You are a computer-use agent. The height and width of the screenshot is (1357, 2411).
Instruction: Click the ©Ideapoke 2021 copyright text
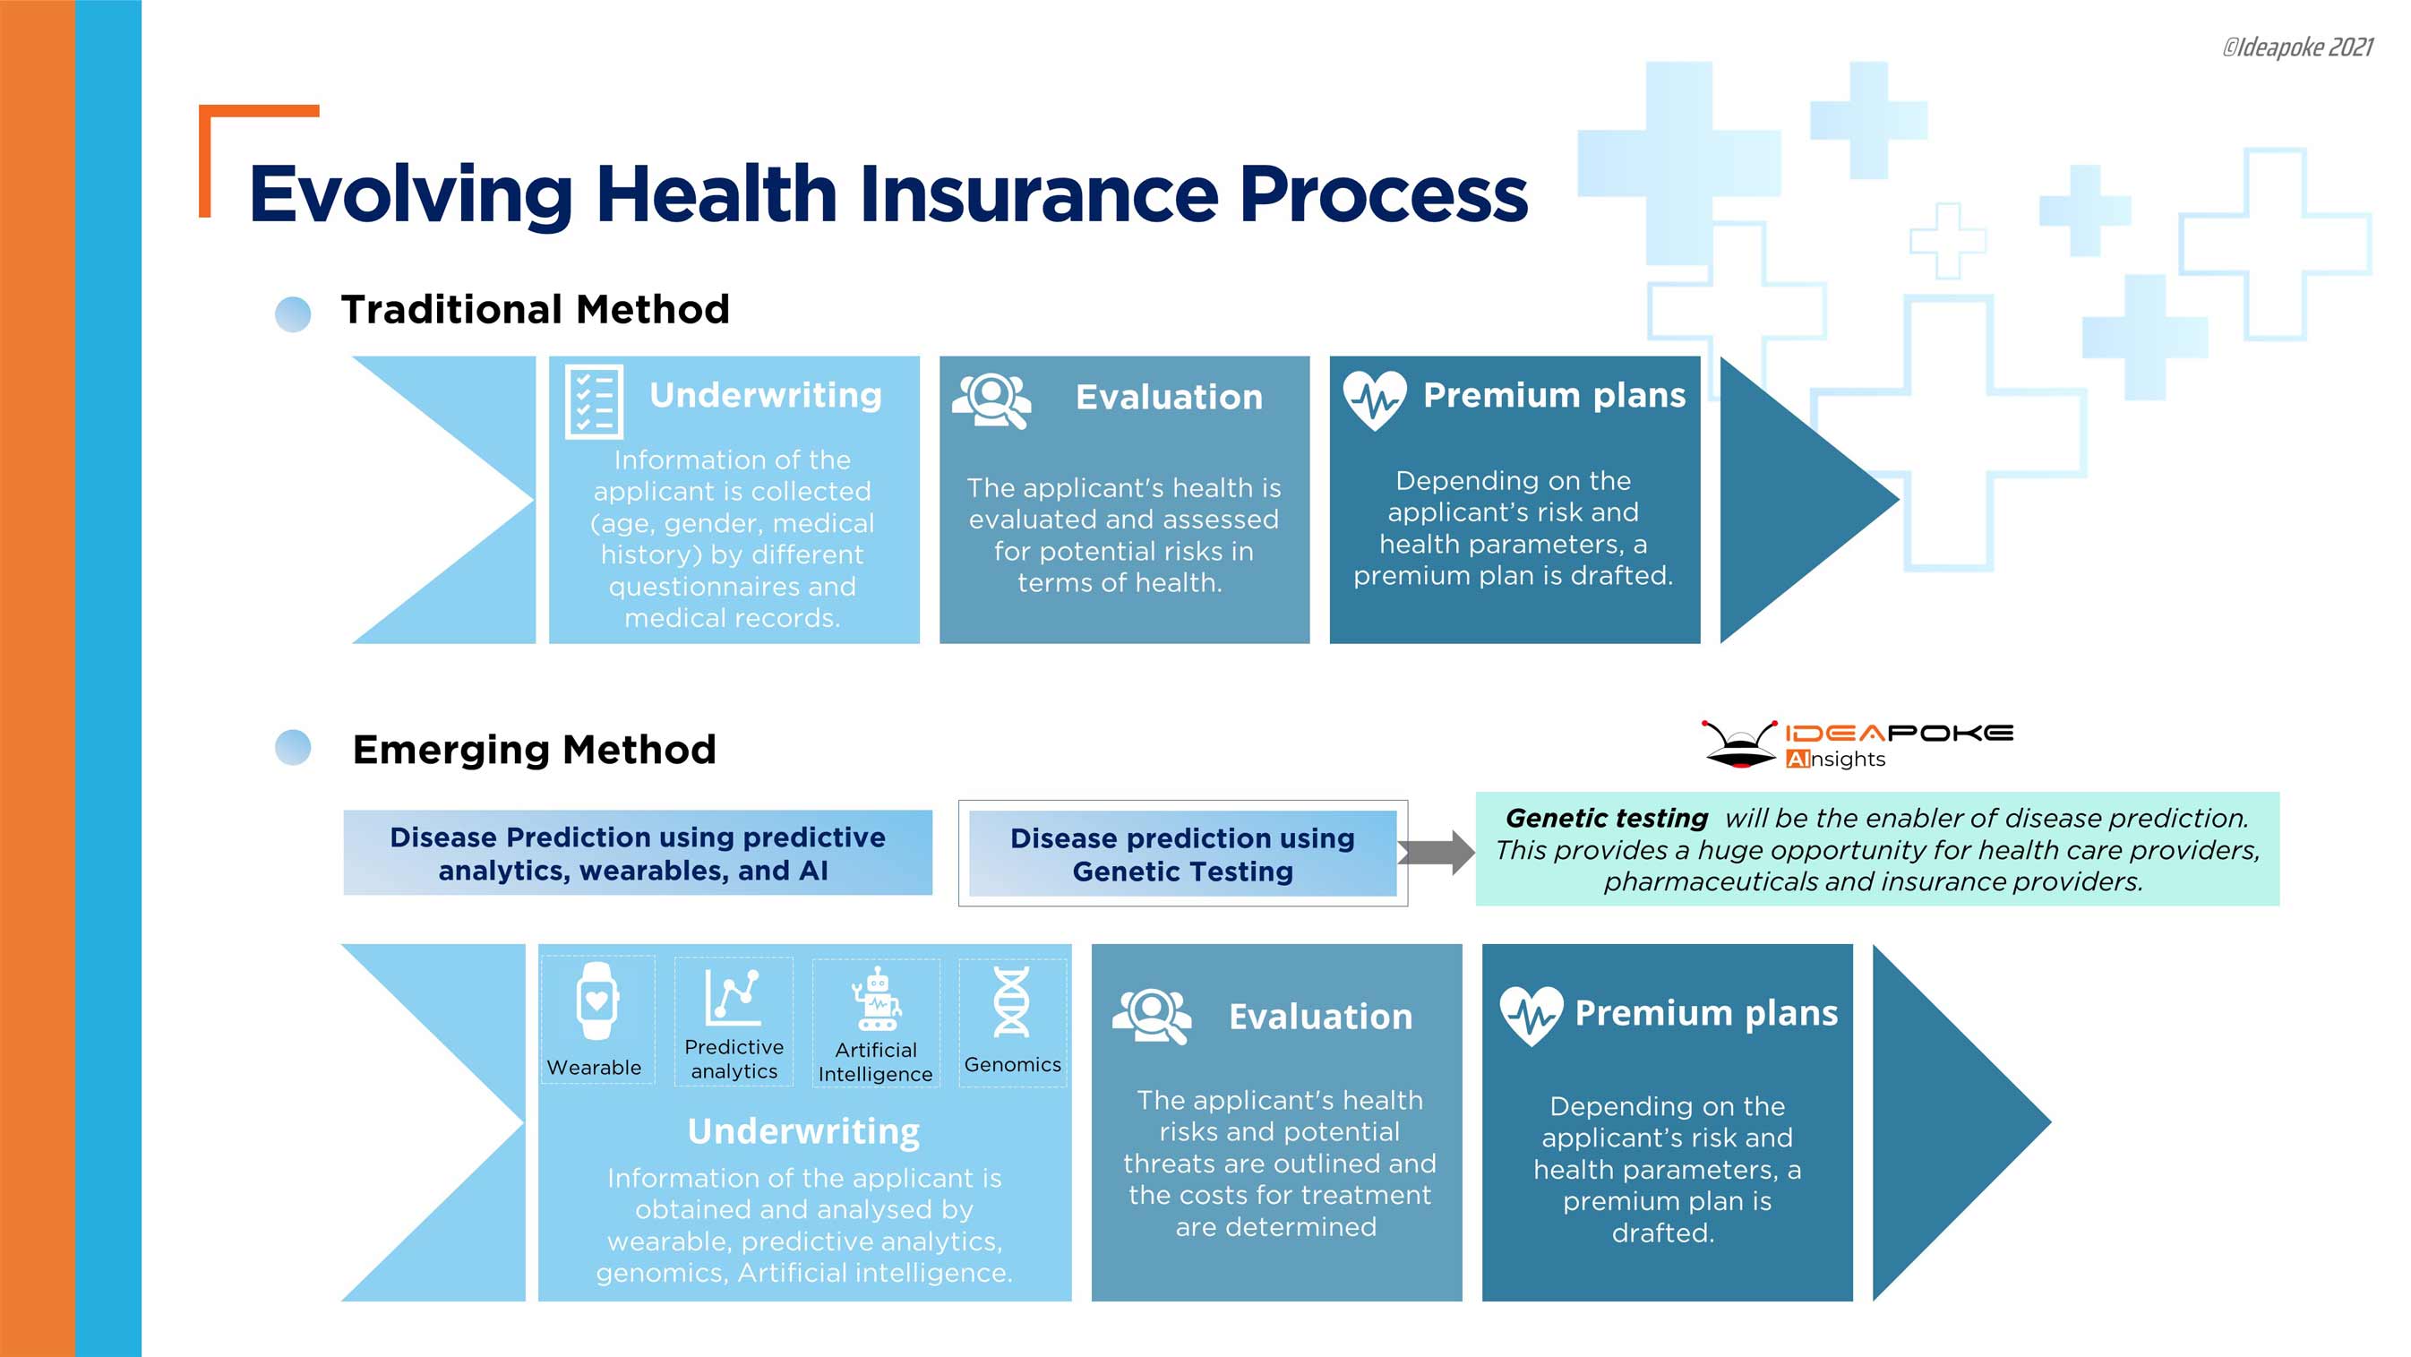coord(2297,47)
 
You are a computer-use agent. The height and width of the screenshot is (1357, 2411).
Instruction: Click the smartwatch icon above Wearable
coord(596,1001)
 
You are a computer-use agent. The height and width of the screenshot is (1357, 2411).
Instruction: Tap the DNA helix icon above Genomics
coord(1012,1002)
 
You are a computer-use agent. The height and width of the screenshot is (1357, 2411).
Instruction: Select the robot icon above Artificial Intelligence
coord(876,1000)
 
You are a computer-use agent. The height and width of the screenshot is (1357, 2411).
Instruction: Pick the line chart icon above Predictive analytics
coord(733,998)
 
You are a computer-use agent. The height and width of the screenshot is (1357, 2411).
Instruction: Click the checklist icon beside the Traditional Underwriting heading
coord(594,401)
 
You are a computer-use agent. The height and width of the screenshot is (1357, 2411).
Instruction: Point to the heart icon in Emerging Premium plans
coord(1531,1016)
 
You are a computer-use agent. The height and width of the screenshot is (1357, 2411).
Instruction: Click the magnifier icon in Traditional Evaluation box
coord(991,400)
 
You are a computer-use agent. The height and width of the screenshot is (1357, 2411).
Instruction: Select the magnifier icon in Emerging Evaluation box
coord(1151,1016)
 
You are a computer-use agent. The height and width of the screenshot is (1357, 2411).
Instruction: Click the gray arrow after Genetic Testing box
coord(1437,853)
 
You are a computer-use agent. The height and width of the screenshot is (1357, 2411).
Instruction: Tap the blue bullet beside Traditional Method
coord(293,314)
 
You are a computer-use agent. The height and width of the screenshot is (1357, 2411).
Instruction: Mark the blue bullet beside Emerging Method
coord(293,748)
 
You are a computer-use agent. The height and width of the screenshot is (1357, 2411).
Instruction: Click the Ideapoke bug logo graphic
coord(1739,745)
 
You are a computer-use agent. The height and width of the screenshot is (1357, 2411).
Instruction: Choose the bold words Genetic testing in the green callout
coord(1606,818)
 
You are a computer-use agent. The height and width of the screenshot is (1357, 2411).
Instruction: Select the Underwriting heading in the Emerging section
coord(803,1131)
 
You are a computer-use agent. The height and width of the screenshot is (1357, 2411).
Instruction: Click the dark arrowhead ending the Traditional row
coord(1797,500)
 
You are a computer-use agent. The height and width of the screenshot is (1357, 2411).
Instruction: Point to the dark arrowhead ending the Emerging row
coord(1952,1122)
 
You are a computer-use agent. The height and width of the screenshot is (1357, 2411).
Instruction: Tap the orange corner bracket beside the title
coord(225,131)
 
